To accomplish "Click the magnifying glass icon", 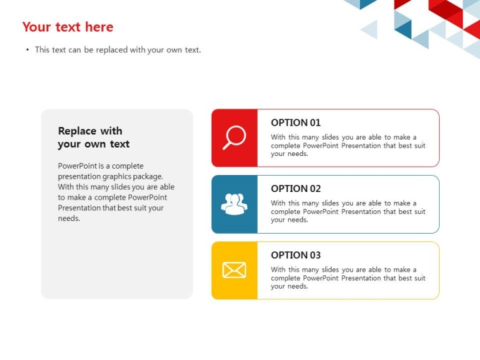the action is point(234,138).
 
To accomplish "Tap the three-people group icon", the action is point(234,204).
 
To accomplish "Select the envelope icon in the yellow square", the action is point(234,270).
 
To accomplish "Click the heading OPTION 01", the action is point(296,123).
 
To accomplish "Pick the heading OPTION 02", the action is point(296,188).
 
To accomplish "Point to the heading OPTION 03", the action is point(296,255).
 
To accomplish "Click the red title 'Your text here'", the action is point(68,27).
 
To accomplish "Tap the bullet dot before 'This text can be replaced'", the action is point(28,49).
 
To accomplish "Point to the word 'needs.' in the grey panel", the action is point(69,218).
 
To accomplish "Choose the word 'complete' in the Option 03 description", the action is point(285,278).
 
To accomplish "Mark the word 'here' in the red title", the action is point(100,27).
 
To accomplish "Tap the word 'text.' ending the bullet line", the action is point(193,49).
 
